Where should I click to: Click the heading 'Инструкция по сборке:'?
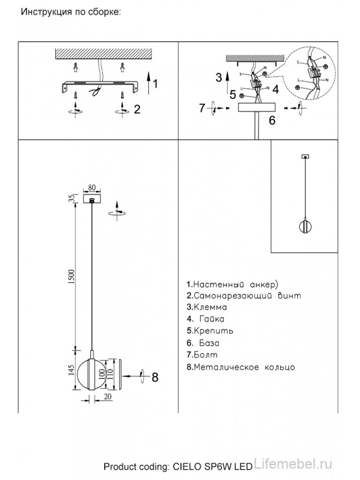[x=70, y=11]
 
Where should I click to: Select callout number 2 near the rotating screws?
[x=137, y=109]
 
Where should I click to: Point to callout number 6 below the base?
[x=272, y=121]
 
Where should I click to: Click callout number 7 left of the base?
[x=203, y=109]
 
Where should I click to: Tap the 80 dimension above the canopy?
[x=92, y=187]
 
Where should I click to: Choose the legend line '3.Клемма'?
[x=206, y=308]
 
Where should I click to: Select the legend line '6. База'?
[x=202, y=344]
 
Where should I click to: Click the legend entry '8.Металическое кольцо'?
[x=241, y=367]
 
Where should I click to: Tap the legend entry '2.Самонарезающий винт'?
[x=244, y=296]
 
